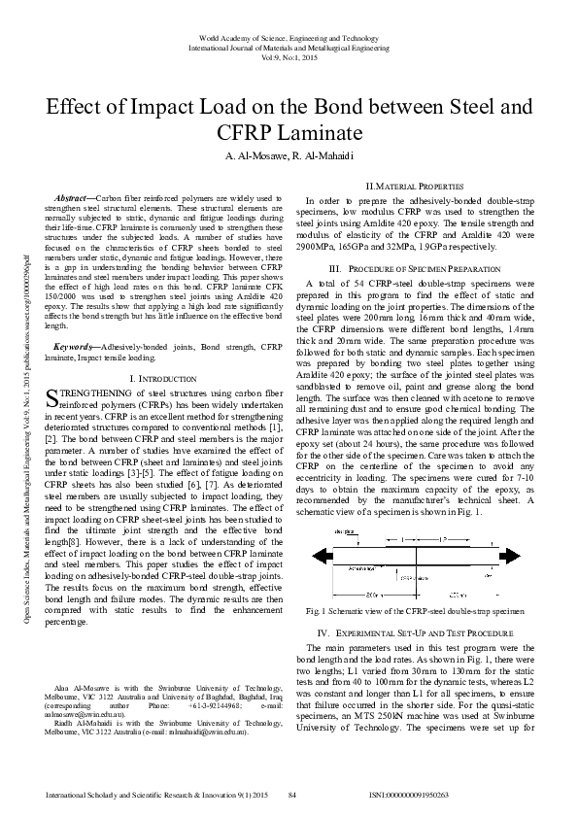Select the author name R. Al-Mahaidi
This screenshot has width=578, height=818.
pyautogui.click(x=324, y=157)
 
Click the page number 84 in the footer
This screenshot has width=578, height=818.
pyautogui.click(x=291, y=795)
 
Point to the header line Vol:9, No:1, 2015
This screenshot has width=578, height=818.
pyautogui.click(x=289, y=56)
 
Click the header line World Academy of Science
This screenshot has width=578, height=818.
pyautogui.click(x=289, y=37)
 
